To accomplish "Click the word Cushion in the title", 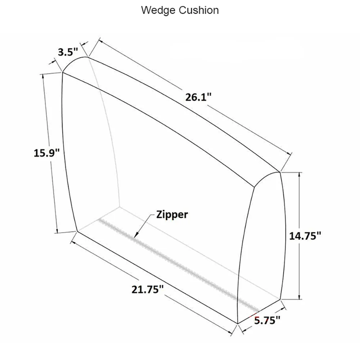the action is tap(199, 10).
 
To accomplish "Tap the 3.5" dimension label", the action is tap(68, 52).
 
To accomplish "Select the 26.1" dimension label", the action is tap(198, 97).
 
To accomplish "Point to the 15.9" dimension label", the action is tap(47, 153).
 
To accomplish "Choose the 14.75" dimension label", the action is tap(305, 236).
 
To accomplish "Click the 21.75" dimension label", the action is tap(148, 289).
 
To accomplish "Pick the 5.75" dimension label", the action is tap(267, 320).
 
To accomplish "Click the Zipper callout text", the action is tap(172, 215).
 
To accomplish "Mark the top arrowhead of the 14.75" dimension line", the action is tap(299, 175).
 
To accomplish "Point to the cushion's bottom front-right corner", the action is tap(237, 324).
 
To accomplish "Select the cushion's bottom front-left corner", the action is tap(77, 231).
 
